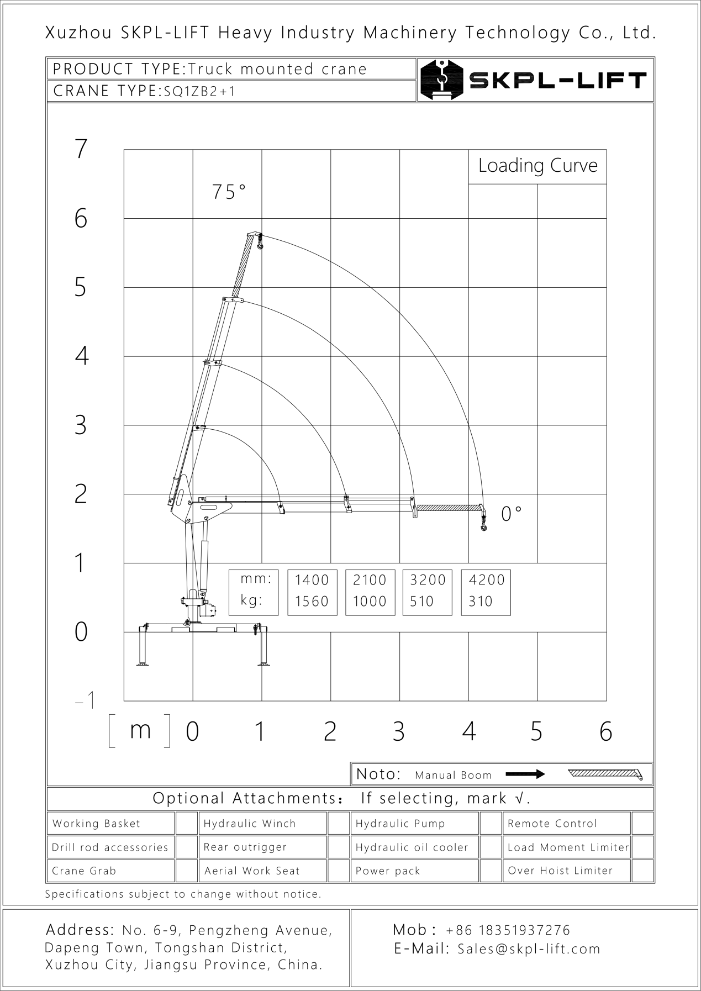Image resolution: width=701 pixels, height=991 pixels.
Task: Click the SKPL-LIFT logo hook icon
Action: [x=441, y=80]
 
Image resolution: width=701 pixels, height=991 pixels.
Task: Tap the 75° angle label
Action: [x=229, y=192]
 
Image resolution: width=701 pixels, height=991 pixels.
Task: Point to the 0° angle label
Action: [x=511, y=514]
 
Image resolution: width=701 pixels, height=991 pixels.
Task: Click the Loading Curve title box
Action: [x=537, y=166]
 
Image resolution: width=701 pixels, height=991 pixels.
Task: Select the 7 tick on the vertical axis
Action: [x=81, y=149]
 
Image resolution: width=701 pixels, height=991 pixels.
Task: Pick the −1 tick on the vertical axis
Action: [x=85, y=700]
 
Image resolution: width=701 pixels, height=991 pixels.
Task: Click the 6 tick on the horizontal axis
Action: [x=605, y=731]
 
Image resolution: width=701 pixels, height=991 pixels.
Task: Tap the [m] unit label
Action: [x=140, y=730]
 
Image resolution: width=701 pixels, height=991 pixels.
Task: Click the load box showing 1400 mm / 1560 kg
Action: [x=312, y=591]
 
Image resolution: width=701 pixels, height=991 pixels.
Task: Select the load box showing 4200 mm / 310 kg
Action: [x=486, y=591]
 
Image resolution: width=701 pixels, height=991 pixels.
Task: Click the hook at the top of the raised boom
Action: [x=260, y=243]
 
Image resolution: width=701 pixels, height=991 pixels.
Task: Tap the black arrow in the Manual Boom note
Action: [x=525, y=774]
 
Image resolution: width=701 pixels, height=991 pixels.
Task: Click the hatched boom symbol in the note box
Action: [x=605, y=774]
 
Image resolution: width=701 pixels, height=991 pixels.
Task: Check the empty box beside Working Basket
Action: [x=186, y=823]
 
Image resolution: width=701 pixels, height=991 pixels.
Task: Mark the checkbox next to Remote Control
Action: [x=642, y=823]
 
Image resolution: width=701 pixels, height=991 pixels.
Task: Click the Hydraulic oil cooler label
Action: [x=412, y=847]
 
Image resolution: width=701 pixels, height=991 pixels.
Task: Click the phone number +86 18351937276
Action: [x=508, y=930]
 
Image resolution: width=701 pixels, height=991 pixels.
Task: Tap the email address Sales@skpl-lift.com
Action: [x=529, y=949]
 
